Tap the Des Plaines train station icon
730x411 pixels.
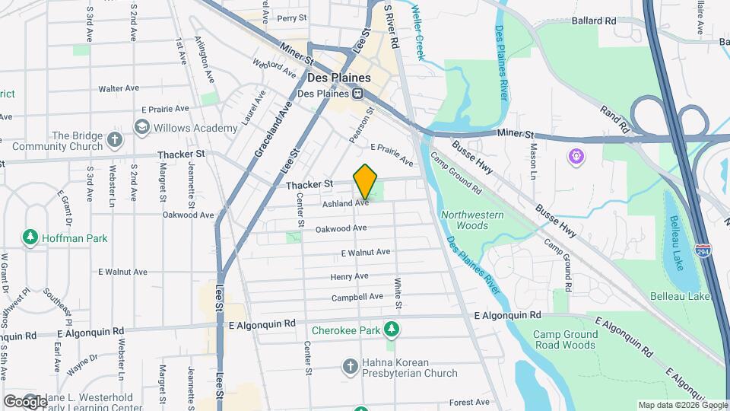click(357, 94)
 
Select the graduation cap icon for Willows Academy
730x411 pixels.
click(141, 127)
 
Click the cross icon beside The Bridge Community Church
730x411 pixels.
click(114, 139)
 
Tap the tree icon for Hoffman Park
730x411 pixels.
click(30, 237)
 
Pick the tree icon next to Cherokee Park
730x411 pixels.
click(392, 330)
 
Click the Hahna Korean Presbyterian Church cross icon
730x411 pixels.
click(350, 367)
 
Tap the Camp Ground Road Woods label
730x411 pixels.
click(563, 339)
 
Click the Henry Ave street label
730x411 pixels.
click(349, 276)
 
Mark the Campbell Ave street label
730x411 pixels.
click(357, 296)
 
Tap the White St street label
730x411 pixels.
click(398, 293)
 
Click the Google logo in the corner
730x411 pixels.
click(24, 401)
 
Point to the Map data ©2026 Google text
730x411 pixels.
click(681, 405)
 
